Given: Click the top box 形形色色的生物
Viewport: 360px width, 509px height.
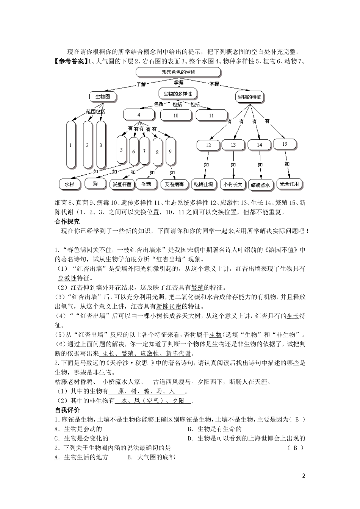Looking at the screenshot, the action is click(x=178, y=72).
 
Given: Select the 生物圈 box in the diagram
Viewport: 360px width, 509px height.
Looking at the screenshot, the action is click(x=102, y=97).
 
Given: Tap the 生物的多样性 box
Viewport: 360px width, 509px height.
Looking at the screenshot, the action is click(x=177, y=94).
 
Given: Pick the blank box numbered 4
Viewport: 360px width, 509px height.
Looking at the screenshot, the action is click(x=139, y=115).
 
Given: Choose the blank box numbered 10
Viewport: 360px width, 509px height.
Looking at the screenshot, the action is click(x=176, y=116).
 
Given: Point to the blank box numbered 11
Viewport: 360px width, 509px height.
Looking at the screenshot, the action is click(x=211, y=116).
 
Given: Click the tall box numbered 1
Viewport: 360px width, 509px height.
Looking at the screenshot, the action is click(x=71, y=145).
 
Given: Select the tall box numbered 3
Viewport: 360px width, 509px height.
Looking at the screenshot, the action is click(x=101, y=145).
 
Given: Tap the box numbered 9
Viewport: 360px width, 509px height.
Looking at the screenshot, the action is click(x=170, y=151).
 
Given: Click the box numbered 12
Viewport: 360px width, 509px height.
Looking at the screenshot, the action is click(x=208, y=145).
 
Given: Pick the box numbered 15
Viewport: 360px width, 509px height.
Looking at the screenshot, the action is click(x=285, y=144).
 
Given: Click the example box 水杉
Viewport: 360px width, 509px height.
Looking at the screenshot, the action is click(x=70, y=184).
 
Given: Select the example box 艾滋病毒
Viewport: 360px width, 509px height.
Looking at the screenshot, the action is click(x=174, y=184).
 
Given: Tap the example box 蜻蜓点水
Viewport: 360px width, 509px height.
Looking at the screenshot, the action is click(x=260, y=185).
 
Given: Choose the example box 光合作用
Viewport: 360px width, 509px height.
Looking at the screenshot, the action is click(x=290, y=184).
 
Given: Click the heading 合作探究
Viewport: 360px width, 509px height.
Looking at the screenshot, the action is click(x=68, y=222).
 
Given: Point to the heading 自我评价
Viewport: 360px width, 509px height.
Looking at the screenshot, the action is click(x=68, y=411).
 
